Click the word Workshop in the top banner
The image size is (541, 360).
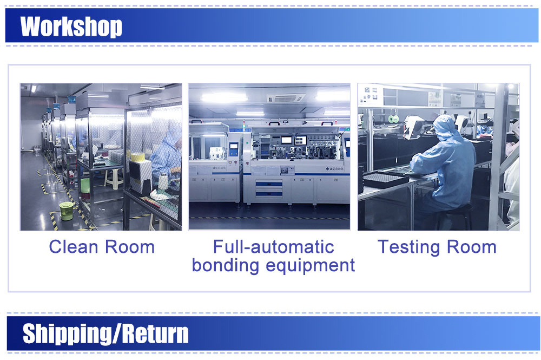(x=71, y=26)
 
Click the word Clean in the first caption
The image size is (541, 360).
(x=74, y=247)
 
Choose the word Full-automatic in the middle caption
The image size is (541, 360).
(x=274, y=247)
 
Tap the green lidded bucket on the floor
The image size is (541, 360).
(x=66, y=211)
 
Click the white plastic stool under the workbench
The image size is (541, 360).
(x=114, y=178)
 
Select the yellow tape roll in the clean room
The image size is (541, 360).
(x=137, y=157)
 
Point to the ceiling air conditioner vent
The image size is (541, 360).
(x=286, y=99)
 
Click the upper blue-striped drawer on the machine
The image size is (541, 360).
(x=269, y=184)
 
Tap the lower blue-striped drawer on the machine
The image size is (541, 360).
(x=269, y=194)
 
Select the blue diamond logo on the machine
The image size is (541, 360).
(x=327, y=169)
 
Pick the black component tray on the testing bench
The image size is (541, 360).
(x=385, y=179)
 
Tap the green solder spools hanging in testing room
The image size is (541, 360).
(x=393, y=119)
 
